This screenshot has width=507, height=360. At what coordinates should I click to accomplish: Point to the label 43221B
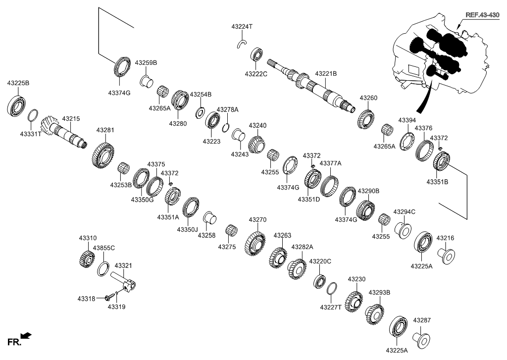(327, 73)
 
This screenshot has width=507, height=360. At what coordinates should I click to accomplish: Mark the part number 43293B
(379, 293)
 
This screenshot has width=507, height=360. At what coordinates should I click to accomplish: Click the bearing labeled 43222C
(256, 54)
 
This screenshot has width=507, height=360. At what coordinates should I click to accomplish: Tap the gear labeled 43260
(366, 118)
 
